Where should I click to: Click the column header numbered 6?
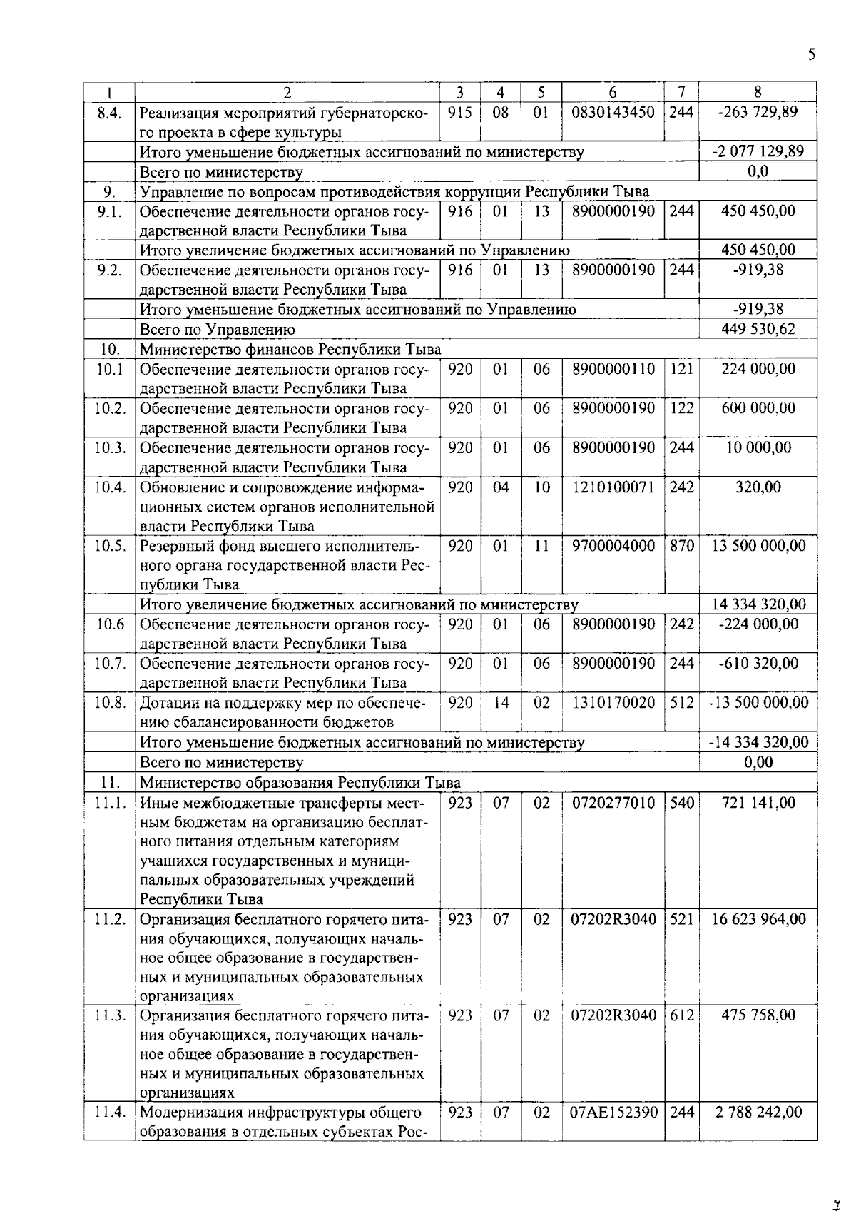pyautogui.click(x=613, y=92)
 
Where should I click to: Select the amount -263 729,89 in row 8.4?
pyautogui.click(x=758, y=112)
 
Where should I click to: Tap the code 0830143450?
pyautogui.click(x=613, y=112)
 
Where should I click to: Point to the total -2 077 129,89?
pyautogui.click(x=758, y=151)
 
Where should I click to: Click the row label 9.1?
pyautogui.click(x=109, y=211)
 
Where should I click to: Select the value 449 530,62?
pyautogui.click(x=758, y=329)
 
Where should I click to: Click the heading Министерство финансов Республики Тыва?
pyautogui.click(x=290, y=349)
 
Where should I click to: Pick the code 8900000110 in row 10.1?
pyautogui.click(x=613, y=369)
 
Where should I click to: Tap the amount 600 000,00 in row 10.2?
pyautogui.click(x=758, y=408)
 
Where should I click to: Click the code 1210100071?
pyautogui.click(x=613, y=487)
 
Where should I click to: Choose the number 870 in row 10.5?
pyautogui.click(x=681, y=546)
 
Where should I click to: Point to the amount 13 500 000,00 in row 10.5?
pyautogui.click(x=758, y=546)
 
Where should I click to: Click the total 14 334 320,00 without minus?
pyautogui.click(x=758, y=604)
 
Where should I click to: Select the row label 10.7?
pyautogui.click(x=110, y=664)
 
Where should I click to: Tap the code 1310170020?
pyautogui.click(x=613, y=703)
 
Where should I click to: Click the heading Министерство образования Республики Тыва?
pyautogui.click(x=300, y=782)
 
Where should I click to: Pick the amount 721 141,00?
pyautogui.click(x=758, y=803)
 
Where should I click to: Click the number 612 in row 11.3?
pyautogui.click(x=681, y=1015)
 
